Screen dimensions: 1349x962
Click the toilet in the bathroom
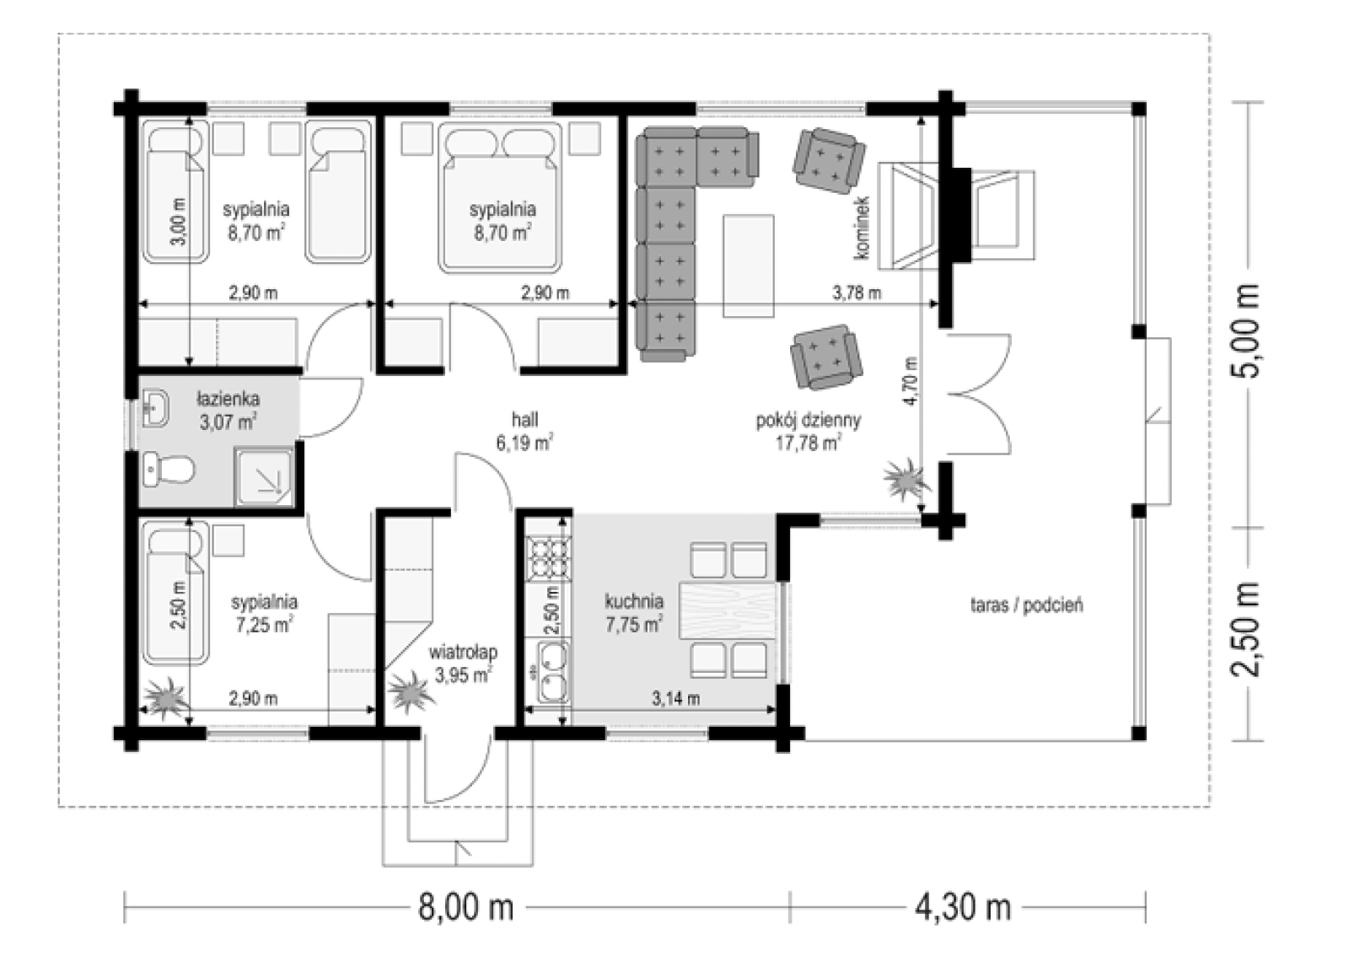pos(169,469)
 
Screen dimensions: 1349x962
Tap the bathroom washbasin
pos(156,408)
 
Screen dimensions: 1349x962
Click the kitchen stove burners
pos(547,556)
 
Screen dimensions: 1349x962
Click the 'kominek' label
pos(862,228)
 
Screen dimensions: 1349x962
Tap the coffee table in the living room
pos(749,266)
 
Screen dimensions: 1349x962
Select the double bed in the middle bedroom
pos(500,197)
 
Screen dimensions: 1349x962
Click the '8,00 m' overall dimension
pos(465,907)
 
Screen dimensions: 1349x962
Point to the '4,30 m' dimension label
pos(963,907)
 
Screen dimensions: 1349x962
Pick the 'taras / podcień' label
pos(1027,605)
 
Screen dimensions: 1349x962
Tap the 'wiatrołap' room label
pos(463,653)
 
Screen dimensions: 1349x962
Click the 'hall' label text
pos(524,419)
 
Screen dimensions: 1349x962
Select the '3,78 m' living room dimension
pos(857,293)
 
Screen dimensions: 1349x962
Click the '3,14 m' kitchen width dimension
pos(675,699)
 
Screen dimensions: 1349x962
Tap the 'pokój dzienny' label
pos(809,420)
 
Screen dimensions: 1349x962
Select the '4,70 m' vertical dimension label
pos(910,381)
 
